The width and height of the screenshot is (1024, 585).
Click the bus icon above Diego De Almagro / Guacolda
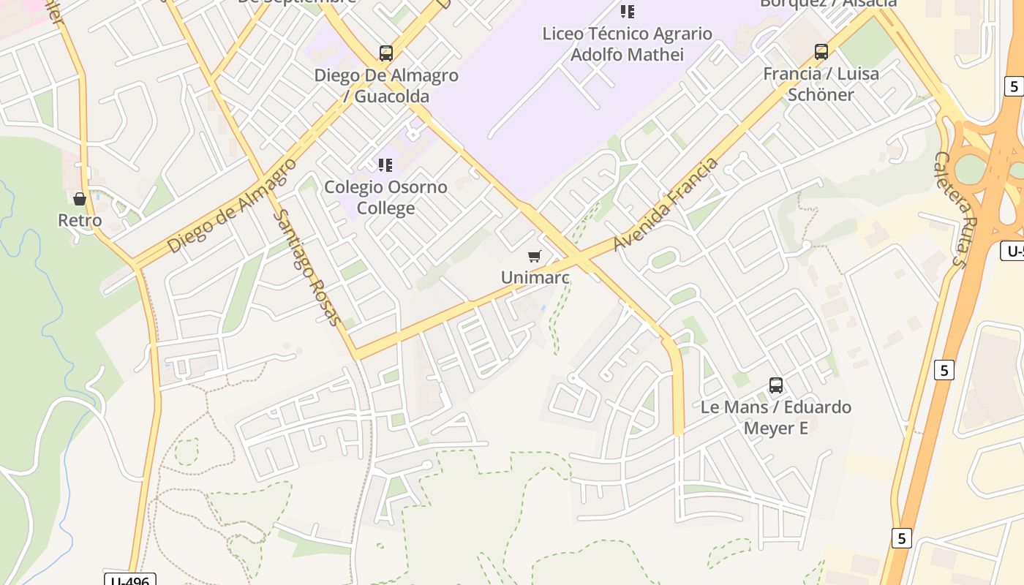(x=385, y=53)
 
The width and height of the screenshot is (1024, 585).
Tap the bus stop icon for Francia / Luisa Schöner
(x=821, y=52)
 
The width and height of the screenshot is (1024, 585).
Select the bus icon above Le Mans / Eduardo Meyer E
(x=776, y=385)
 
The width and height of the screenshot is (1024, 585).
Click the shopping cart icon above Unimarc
(x=535, y=257)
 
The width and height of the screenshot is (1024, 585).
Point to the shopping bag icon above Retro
(x=80, y=199)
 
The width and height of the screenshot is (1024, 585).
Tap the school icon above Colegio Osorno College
(x=385, y=165)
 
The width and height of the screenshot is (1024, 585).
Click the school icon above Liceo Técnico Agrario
(x=628, y=12)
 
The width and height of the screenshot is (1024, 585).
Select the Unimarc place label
(x=535, y=277)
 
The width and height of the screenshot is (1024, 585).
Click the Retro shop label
(x=80, y=220)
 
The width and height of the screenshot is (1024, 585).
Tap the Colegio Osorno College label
(x=385, y=197)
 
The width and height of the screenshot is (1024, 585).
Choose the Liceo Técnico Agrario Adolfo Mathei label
(x=628, y=44)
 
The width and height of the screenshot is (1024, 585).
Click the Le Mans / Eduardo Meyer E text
(x=776, y=417)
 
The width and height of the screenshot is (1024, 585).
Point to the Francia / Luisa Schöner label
(x=821, y=84)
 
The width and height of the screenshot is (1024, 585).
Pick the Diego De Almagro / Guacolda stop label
(x=385, y=86)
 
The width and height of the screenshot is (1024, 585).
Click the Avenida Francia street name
(x=666, y=204)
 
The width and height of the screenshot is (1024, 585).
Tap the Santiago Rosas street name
(x=307, y=268)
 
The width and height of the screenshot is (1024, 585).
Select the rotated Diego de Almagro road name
(x=232, y=205)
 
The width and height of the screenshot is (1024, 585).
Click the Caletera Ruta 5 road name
(x=952, y=209)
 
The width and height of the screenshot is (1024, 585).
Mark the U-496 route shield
(x=130, y=579)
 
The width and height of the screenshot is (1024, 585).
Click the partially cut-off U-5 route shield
(x=1013, y=252)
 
